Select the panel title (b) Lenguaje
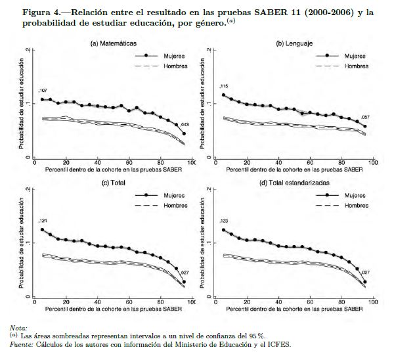[294, 43]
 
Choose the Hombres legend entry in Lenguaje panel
[356, 66]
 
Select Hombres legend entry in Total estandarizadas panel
[356, 205]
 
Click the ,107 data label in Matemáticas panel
[43, 90]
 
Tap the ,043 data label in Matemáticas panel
[184, 125]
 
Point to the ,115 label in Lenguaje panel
[223, 86]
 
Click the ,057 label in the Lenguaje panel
[366, 117]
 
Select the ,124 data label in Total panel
[43, 221]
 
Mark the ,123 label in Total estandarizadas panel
[223, 221]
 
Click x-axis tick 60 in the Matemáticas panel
[129, 163]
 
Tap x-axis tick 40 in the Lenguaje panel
[278, 163]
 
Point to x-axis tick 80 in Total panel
[161, 302]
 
